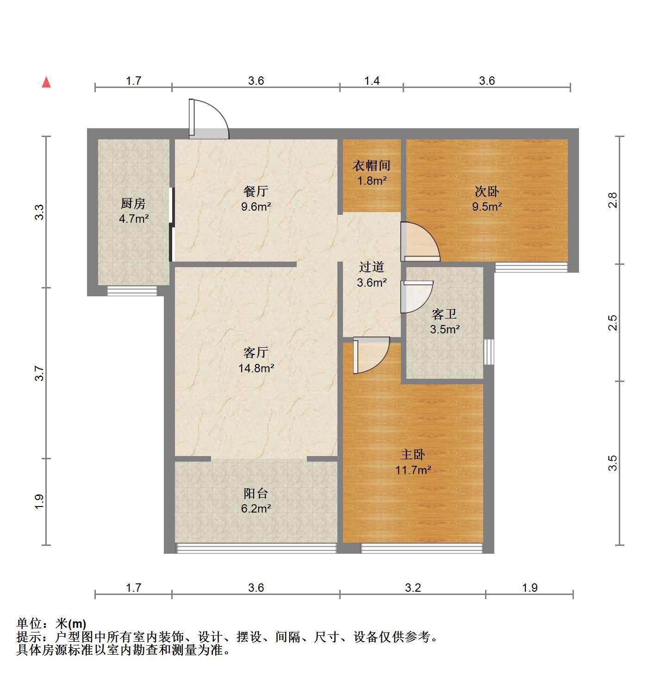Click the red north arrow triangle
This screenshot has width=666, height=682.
tap(46, 83)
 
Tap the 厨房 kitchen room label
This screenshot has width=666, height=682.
tap(133, 203)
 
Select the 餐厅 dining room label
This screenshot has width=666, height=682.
tap(256, 191)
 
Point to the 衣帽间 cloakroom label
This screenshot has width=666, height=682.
tap(371, 165)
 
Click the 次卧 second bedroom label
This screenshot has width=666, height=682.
tap(486, 191)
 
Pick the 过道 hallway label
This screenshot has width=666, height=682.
tap(371, 267)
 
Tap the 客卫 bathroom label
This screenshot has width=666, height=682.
tap(444, 314)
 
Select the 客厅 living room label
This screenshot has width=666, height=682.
tap(256, 352)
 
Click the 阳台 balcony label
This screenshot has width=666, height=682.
tap(256, 494)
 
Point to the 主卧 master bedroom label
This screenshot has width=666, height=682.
tap(413, 455)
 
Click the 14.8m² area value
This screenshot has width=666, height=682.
tap(256, 369)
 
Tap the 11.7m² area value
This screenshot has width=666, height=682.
tap(413, 470)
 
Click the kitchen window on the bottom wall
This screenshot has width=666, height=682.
tap(132, 291)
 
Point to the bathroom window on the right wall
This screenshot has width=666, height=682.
tap(489, 352)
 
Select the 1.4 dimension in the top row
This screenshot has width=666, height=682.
tap(372, 81)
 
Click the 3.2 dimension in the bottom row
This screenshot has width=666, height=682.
tap(413, 588)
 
